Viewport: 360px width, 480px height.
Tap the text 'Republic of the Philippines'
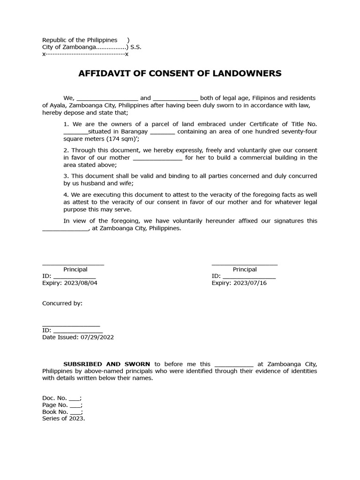tap(80, 40)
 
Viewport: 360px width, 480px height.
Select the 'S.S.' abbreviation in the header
tap(136, 47)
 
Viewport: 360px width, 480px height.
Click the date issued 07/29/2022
tap(97, 337)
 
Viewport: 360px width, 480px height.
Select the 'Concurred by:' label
tap(62, 303)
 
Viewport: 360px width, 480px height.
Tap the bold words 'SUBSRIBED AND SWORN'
tap(107, 364)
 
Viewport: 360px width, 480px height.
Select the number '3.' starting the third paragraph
tap(66, 176)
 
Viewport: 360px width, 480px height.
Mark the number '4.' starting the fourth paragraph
tap(66, 195)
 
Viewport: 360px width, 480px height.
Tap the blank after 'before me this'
tap(233, 364)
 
